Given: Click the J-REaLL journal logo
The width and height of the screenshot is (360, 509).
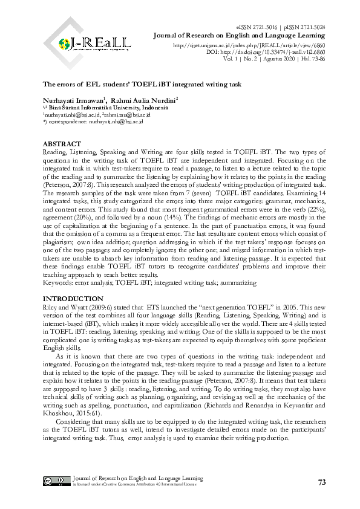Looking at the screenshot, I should click(96, 43).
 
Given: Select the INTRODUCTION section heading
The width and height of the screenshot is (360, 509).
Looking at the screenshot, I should click(73, 299).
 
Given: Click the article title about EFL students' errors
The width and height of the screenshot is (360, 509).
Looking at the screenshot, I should click(142, 85).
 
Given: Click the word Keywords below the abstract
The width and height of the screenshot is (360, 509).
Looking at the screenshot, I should click(60, 282).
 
